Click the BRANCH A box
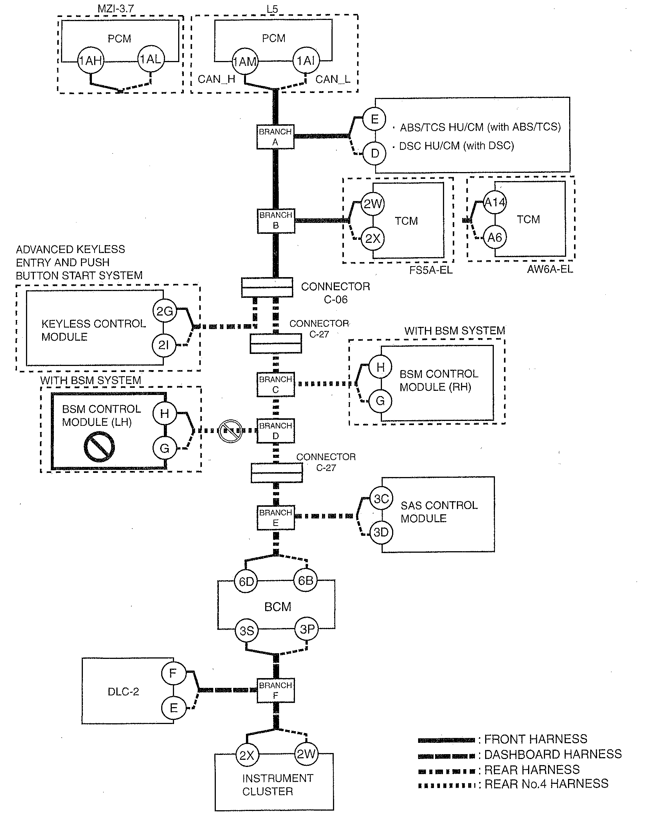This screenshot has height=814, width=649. pos(275,137)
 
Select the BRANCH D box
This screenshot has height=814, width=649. pos(275,431)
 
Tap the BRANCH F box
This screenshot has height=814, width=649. pos(275,691)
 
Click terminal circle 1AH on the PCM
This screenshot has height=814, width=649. pos(91,60)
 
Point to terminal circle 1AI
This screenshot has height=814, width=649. pos(306,60)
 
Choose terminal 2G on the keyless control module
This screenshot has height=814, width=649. pos(164,311)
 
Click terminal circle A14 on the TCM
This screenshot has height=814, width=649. pos(495,202)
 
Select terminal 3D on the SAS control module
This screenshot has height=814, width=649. pos(381,532)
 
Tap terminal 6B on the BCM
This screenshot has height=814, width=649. pos(305,580)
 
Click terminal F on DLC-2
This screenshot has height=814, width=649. pos(173,673)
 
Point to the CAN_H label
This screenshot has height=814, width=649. pos(217,79)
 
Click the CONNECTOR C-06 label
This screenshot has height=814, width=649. pos(336,293)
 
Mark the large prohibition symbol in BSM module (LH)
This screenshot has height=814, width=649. pos(99,447)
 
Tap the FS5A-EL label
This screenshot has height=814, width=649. pos(431,270)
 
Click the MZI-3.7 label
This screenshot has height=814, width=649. pos(116,9)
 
